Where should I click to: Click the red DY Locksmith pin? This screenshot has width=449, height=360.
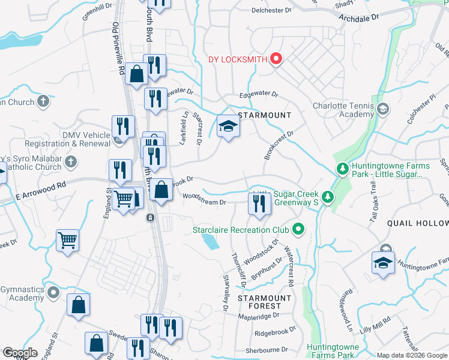point(276,59)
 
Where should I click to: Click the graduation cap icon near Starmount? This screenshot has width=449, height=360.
point(228,127)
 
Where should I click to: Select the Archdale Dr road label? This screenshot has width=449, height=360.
point(359,18)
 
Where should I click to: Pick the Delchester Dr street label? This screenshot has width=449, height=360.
point(271,10)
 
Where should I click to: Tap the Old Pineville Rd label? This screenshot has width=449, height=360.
point(118,49)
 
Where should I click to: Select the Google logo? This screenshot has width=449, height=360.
point(20,353)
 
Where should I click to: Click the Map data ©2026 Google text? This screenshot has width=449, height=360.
point(412,355)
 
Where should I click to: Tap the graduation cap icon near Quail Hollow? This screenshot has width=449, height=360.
point(383,263)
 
